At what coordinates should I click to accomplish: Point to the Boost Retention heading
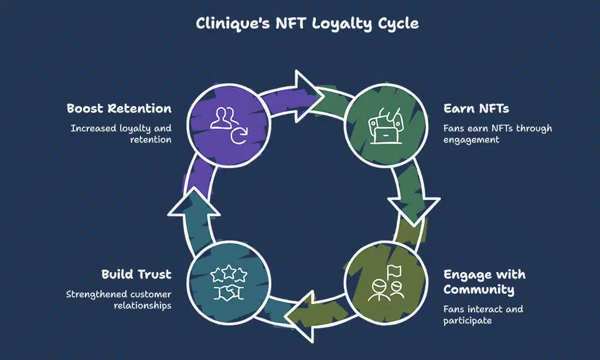(x=119, y=108)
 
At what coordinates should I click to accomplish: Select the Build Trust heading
(x=136, y=274)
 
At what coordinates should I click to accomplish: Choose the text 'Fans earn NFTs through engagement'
(x=497, y=134)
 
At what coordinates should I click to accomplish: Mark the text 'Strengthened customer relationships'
(x=118, y=300)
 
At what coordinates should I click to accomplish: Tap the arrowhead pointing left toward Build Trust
(x=305, y=317)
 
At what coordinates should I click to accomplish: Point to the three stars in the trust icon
(x=229, y=273)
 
